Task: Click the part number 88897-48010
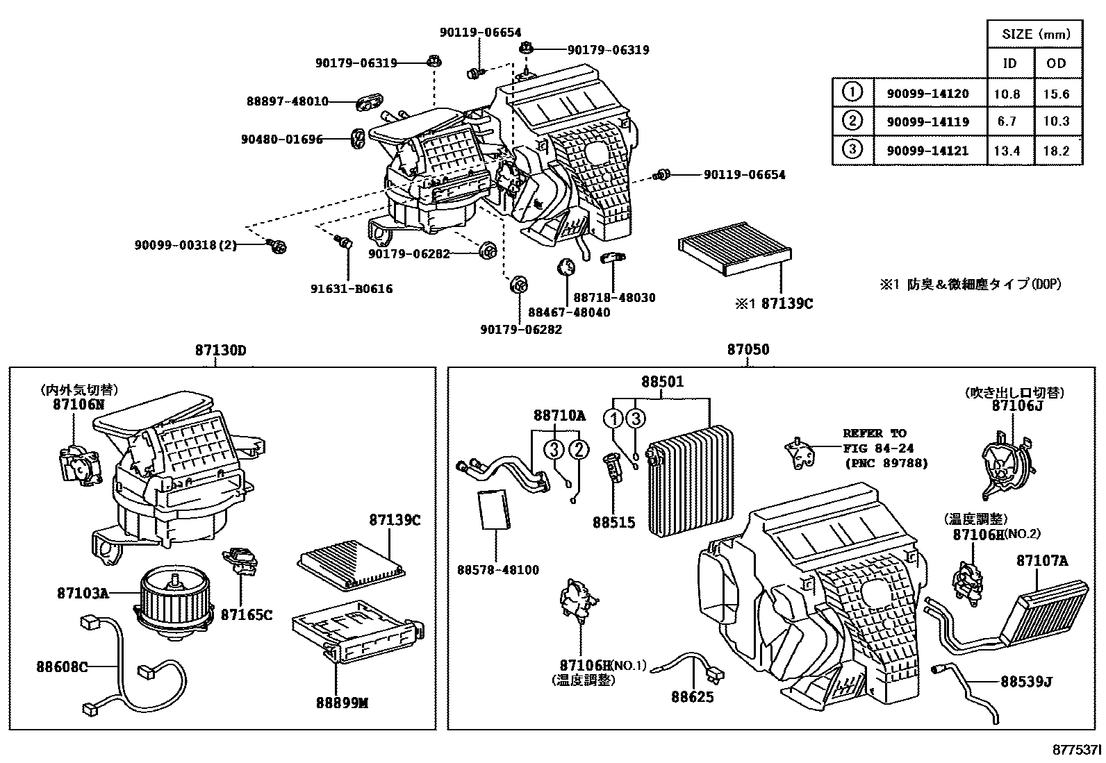click(287, 101)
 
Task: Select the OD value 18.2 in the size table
click(1055, 151)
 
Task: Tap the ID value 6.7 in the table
click(1006, 121)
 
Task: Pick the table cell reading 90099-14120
click(927, 94)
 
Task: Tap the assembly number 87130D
click(220, 351)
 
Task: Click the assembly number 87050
click(748, 350)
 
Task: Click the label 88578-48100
click(497, 570)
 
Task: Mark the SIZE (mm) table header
click(1034, 34)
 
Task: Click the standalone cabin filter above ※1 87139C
click(736, 256)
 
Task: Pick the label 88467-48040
click(568, 312)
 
